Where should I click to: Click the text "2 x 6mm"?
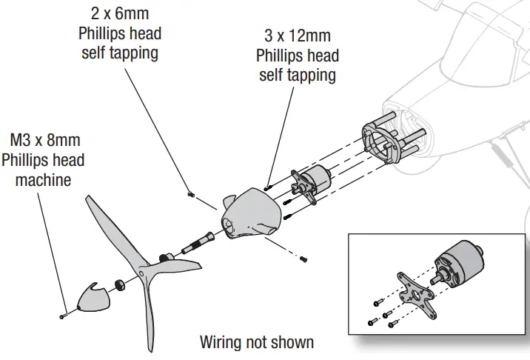pyautogui.click(x=120, y=14)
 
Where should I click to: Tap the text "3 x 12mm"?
pyautogui.click(x=296, y=35)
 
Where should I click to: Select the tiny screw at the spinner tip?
pyautogui.click(x=64, y=315)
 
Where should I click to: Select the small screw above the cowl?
pyautogui.click(x=190, y=194)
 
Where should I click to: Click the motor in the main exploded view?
pyautogui.click(x=315, y=181)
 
